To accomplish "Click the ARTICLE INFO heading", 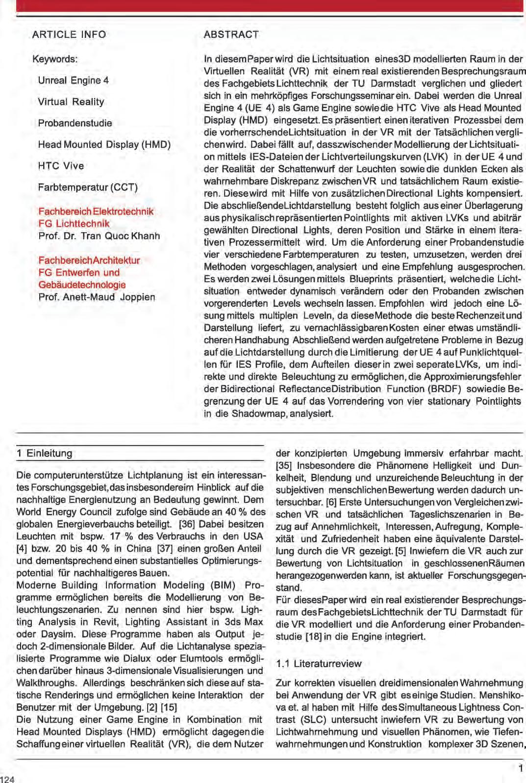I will [69, 34].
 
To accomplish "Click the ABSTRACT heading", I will [231, 34].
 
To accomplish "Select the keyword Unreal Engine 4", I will [74, 80].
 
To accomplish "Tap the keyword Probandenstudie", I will [75, 123].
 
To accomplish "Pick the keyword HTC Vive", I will [61, 165].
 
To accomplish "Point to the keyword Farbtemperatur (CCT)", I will [88, 187].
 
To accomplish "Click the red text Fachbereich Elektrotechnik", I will [96, 211].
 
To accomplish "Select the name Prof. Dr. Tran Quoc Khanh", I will [99, 235].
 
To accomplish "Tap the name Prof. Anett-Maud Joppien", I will [97, 297].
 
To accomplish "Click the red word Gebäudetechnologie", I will [82, 285].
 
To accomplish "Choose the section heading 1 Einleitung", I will [44, 453].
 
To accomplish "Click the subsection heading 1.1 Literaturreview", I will [319, 664].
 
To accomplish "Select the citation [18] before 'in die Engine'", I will [313, 637].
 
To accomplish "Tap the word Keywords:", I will [55, 59].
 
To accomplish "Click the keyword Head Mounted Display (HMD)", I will [104, 144].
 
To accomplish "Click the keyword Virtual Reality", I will [71, 102].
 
